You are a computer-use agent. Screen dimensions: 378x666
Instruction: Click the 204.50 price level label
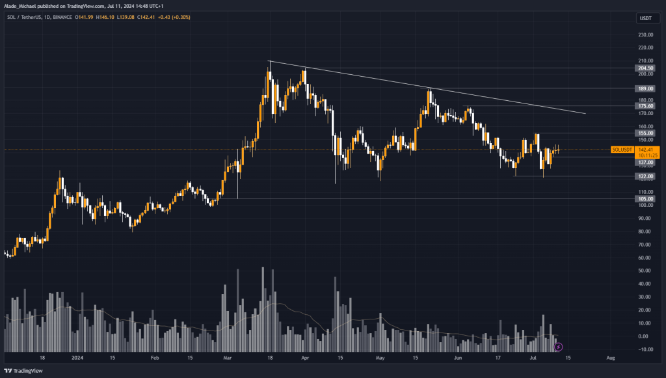pos(646,68)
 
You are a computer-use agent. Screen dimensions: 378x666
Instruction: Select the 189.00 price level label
pos(646,88)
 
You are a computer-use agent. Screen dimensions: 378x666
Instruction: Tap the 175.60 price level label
pos(646,106)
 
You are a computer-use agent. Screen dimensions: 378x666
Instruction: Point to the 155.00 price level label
pos(646,133)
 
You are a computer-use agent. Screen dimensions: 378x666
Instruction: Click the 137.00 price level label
pos(646,163)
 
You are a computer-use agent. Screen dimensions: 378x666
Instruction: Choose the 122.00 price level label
pos(646,176)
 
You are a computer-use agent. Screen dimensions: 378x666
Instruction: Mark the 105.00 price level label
pos(646,198)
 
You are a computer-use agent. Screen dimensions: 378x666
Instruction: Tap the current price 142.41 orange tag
pos(648,150)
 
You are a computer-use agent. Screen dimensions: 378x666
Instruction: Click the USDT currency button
pos(646,19)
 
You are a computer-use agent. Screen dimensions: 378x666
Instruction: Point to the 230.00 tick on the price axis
pos(646,34)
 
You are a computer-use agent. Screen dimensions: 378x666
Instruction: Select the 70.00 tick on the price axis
pos(646,245)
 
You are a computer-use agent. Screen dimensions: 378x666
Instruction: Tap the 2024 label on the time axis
pos(77,358)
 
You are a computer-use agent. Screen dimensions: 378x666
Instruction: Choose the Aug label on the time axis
pos(609,358)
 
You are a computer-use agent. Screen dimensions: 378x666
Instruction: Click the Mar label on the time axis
pos(226,358)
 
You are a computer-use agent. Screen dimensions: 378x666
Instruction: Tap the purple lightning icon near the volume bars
pos(557,347)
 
